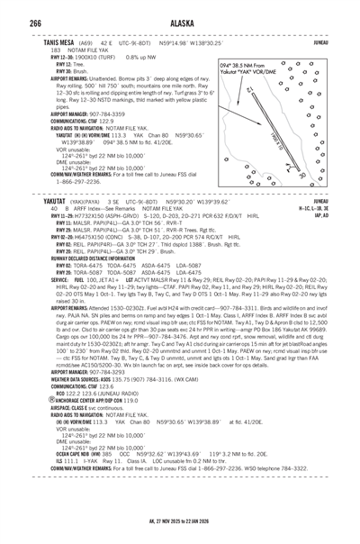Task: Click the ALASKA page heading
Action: [x=179, y=12]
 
